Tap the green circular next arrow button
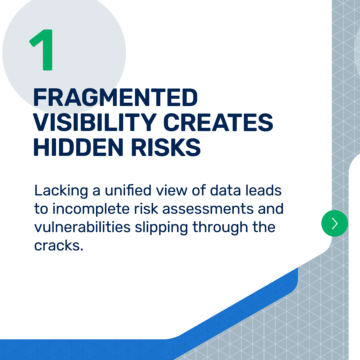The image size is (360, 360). pos(335,223)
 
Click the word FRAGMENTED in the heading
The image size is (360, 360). pos(115,98)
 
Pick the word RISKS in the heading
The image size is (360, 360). pos(166,147)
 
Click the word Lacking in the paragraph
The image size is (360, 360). pos(61,191)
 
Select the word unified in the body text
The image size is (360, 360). pos(128,190)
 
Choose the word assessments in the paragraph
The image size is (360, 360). pos(208,209)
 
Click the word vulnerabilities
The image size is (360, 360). pos(82,227)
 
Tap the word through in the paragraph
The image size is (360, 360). pos(220,228)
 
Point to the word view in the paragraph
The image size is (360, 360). pos(172,191)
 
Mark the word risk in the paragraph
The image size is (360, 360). pos(146,209)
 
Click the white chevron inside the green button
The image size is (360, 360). pos(335,223)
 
